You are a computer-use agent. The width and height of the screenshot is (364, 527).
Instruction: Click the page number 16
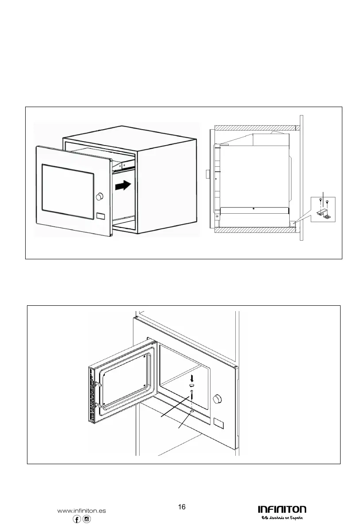(181, 507)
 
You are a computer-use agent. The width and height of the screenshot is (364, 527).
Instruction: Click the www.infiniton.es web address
(82, 510)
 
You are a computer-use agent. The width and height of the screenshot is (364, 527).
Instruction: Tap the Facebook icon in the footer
(77, 519)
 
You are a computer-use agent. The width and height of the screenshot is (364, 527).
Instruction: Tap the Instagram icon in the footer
(87, 519)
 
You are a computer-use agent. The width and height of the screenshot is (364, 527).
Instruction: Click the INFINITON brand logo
(282, 510)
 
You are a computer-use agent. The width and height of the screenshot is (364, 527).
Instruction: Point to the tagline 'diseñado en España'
(285, 519)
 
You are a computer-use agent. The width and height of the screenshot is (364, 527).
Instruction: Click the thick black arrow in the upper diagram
(123, 185)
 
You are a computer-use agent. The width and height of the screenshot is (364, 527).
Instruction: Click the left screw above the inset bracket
(319, 202)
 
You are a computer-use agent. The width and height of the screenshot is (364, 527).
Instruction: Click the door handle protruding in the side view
(207, 174)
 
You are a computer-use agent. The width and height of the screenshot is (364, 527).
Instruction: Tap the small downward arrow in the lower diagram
(191, 377)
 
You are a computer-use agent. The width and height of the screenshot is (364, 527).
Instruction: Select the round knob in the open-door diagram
(217, 399)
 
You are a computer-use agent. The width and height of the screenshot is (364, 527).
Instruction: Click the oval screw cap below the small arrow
(191, 386)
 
